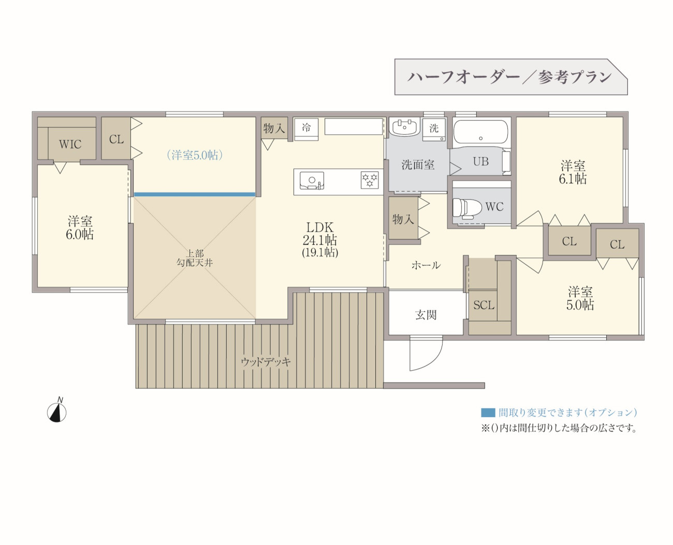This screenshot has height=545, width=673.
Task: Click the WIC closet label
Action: (x=70, y=145)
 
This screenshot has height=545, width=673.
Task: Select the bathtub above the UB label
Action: (x=480, y=132)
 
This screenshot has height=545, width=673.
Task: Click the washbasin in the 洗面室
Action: (x=404, y=127)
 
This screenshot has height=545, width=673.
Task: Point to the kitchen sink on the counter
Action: (x=312, y=181)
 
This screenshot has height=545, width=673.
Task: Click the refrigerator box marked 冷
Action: (x=306, y=128)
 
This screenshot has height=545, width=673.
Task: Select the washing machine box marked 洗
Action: (x=434, y=130)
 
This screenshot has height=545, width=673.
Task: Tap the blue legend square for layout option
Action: (x=488, y=412)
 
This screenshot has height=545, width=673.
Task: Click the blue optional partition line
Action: (x=195, y=194)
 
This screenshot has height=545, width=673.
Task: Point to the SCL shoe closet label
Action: (x=484, y=305)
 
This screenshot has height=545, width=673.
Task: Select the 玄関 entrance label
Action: (x=426, y=315)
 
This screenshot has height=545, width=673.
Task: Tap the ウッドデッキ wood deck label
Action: (x=266, y=362)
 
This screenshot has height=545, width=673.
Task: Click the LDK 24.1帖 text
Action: (x=320, y=234)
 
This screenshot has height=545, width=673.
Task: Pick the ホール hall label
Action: (x=426, y=265)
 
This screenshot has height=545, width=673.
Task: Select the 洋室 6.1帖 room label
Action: (x=573, y=173)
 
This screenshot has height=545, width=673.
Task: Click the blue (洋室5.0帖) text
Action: (x=195, y=155)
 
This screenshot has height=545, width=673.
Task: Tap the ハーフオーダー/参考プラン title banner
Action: (x=511, y=77)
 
